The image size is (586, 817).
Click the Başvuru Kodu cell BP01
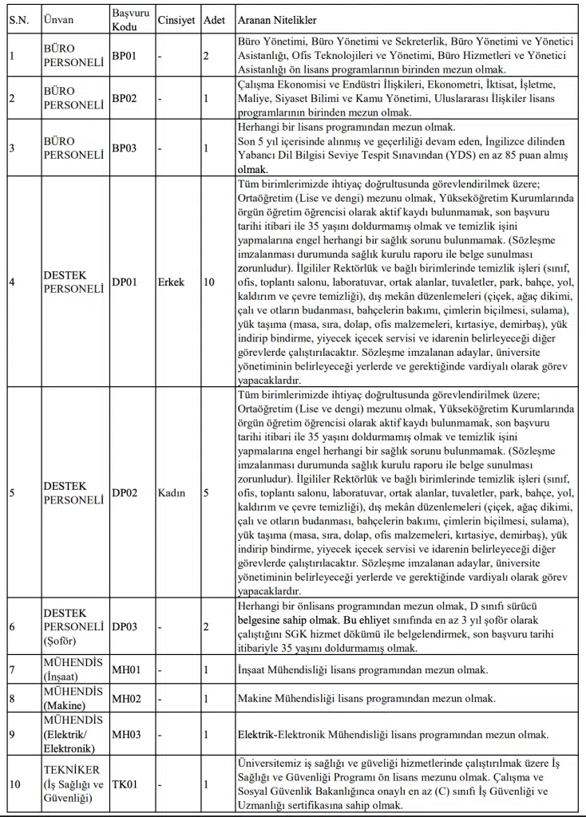click(x=125, y=56)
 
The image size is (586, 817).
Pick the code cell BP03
click(x=125, y=148)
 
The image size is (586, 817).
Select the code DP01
click(x=125, y=282)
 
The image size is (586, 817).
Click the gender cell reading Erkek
click(x=171, y=282)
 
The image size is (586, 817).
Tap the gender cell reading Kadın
click(x=172, y=493)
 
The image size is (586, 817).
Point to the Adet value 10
click(x=209, y=282)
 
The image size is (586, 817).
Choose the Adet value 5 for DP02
click(x=206, y=493)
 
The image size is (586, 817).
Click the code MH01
click(x=126, y=670)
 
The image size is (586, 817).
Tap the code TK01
click(x=125, y=784)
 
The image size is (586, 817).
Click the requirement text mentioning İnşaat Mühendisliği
click(x=362, y=670)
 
